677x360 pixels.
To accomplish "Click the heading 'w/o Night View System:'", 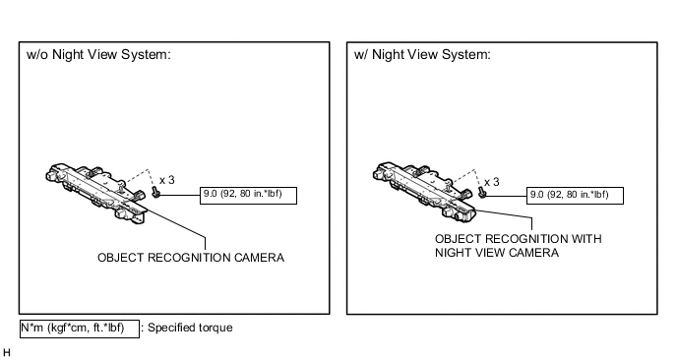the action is pyautogui.click(x=98, y=55).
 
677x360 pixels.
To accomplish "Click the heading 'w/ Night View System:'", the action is pyautogui.click(x=422, y=55).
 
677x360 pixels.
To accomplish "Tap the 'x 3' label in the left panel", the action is pyautogui.click(x=167, y=180).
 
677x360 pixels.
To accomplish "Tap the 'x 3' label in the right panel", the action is pyautogui.click(x=492, y=182).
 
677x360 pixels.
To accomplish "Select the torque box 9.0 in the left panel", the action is pyautogui.click(x=248, y=196).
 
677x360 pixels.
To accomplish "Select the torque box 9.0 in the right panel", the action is pyautogui.click(x=575, y=196).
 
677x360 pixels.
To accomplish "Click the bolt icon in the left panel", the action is pyautogui.click(x=155, y=193).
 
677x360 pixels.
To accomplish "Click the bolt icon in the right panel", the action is pyautogui.click(x=482, y=193).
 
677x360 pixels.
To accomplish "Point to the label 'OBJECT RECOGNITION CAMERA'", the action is pyautogui.click(x=191, y=258).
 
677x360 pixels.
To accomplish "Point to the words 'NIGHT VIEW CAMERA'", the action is pyautogui.click(x=497, y=253).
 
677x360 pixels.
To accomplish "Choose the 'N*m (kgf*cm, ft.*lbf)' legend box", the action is pyautogui.click(x=80, y=329).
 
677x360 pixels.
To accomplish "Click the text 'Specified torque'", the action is pyautogui.click(x=190, y=328).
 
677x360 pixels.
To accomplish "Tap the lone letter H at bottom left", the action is pyautogui.click(x=7, y=353).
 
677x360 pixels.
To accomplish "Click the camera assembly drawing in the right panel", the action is pyautogui.click(x=423, y=193).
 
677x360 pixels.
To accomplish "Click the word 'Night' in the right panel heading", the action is pyautogui.click(x=388, y=55).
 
